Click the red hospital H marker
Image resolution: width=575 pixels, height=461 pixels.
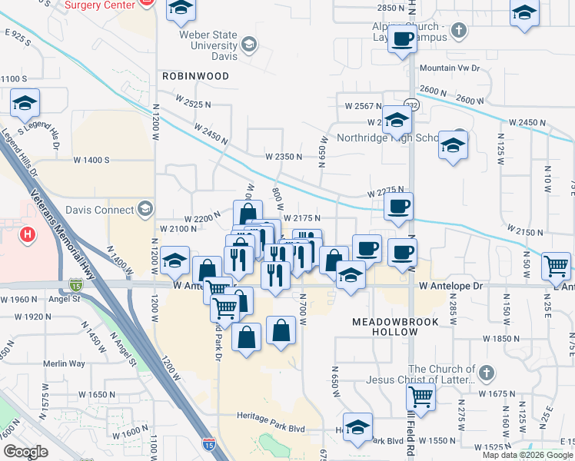(28, 234)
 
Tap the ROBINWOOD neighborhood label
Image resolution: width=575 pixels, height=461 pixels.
(195, 77)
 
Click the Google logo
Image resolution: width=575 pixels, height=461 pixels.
(25, 452)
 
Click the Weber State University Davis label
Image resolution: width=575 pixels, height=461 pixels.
(208, 45)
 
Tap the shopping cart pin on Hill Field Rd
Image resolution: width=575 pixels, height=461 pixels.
(420, 397)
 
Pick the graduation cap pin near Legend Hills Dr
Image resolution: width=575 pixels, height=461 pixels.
(25, 103)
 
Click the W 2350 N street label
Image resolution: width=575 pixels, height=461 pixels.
(284, 157)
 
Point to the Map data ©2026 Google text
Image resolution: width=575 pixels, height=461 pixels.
(528, 455)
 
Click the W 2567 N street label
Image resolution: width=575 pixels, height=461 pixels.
(364, 106)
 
